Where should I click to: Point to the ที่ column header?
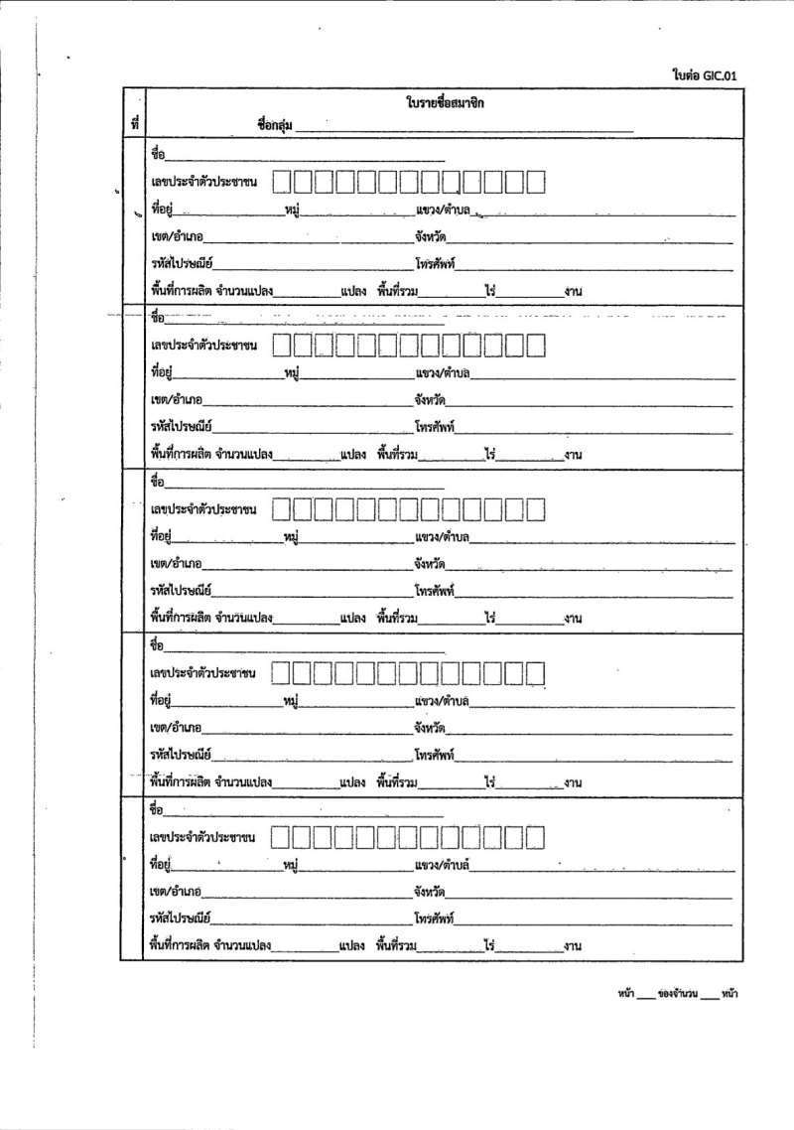(133, 123)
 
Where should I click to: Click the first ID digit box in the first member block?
(282, 182)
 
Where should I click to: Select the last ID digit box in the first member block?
(536, 182)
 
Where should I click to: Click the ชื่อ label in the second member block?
(156, 319)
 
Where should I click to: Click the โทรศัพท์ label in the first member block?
(435, 263)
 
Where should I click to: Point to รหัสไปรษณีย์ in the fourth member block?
(180, 756)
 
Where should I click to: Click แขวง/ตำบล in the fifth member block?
(442, 865)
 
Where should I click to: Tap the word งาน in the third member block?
(572, 620)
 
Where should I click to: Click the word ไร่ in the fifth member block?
(489, 945)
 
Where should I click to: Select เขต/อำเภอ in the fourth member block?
(176, 729)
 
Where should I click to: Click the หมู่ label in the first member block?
(292, 210)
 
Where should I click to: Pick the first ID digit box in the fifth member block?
(282, 837)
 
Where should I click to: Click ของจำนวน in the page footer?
(678, 993)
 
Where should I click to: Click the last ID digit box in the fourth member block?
(536, 674)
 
